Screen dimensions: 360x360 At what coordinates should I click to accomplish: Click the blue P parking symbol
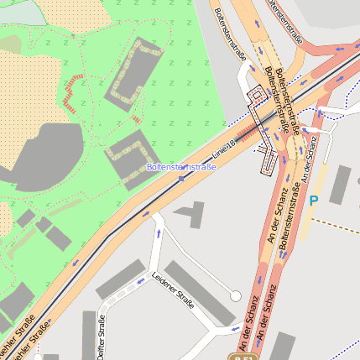(314, 201)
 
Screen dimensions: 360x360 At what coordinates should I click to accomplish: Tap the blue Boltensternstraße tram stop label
(181, 167)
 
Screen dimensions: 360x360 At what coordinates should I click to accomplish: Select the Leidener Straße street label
(173, 290)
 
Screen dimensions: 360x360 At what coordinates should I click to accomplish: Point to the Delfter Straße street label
(102, 337)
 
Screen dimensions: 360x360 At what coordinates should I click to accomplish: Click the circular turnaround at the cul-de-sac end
(236, 295)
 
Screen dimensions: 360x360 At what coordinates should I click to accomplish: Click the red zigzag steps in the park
(74, 92)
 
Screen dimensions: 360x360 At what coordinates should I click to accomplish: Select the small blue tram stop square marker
(181, 178)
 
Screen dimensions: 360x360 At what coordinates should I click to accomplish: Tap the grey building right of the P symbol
(340, 185)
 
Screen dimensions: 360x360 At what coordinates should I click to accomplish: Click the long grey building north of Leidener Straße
(121, 279)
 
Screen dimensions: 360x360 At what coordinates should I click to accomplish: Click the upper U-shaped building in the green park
(133, 76)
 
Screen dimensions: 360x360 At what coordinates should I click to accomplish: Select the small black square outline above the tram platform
(256, 96)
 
